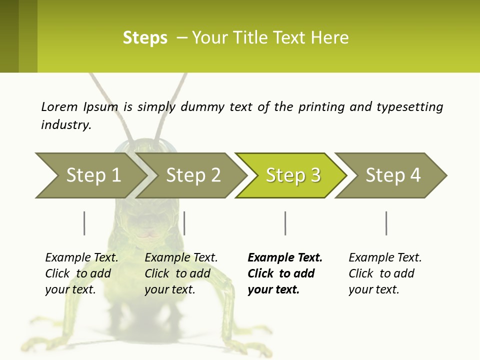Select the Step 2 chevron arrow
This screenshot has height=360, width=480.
point(192,175)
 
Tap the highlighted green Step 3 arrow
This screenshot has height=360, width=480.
point(292,175)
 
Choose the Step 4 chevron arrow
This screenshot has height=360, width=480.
point(392,175)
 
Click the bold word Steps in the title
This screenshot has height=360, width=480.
point(145,38)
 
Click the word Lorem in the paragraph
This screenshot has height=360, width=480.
point(59,107)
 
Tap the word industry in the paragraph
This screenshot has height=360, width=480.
point(66,125)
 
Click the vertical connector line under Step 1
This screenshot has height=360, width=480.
point(84,223)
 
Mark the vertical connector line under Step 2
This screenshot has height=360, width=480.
point(184,223)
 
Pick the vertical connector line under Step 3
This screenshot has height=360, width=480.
point(285,223)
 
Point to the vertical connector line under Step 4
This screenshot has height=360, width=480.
point(386,223)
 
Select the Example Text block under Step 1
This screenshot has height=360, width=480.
point(81,273)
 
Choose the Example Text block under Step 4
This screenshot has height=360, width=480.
point(384,273)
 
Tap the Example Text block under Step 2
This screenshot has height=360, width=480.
point(180,273)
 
